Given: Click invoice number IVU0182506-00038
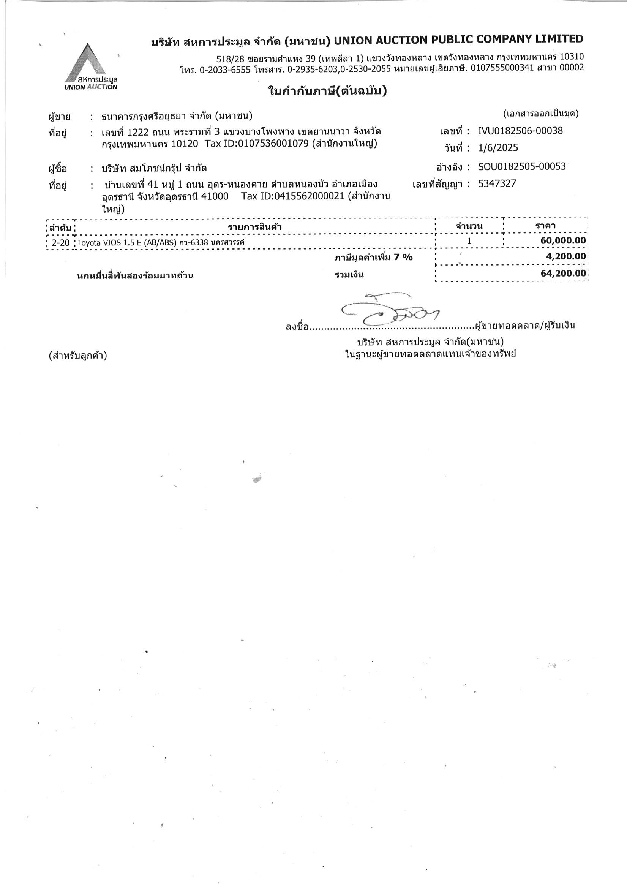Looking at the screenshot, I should (520, 131).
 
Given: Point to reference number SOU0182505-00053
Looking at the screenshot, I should (521, 166).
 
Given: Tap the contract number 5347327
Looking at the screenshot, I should (497, 183).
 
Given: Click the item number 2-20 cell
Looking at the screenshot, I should (61, 243).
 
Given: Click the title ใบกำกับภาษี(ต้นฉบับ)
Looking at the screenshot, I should (327, 91).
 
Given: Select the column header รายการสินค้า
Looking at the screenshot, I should (254, 227).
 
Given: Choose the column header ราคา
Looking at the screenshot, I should (545, 226).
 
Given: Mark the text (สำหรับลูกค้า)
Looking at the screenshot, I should (77, 356).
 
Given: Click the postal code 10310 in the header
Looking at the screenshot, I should (572, 57).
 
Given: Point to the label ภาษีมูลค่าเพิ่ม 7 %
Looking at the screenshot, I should (374, 257).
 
